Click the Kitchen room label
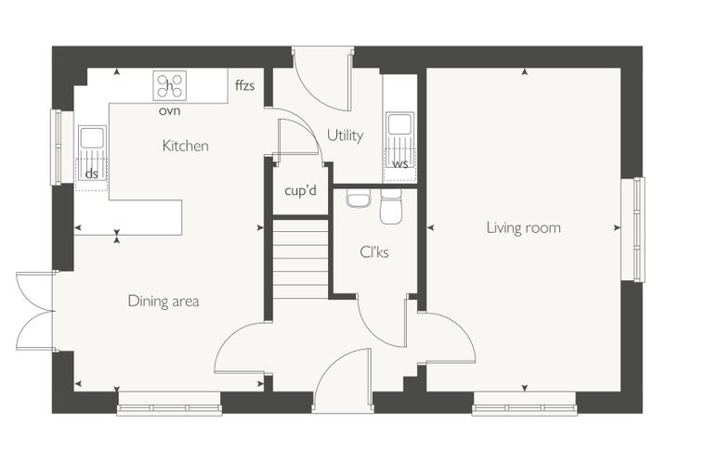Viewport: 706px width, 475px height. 185,146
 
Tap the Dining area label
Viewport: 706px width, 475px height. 163,301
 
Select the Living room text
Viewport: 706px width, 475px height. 524,227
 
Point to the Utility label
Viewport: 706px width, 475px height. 345,135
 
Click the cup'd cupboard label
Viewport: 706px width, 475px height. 300,190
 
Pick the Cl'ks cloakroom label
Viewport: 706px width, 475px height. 374,252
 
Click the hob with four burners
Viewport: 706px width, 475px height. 170,85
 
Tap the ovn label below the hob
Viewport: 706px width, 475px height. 170,110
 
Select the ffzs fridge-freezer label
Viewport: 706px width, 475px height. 245,85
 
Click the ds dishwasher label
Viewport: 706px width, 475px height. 91,173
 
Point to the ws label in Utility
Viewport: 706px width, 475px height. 399,163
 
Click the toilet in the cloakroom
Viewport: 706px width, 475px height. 391,207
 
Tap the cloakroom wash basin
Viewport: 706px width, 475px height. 359,198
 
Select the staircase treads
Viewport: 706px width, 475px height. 300,259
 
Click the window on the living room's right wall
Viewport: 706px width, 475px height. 639,229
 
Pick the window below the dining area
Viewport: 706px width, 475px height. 169,408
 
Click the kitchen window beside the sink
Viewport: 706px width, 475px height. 57,148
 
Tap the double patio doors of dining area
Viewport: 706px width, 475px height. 35,311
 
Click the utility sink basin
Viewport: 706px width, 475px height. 399,123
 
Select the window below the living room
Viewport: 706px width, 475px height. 525,408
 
